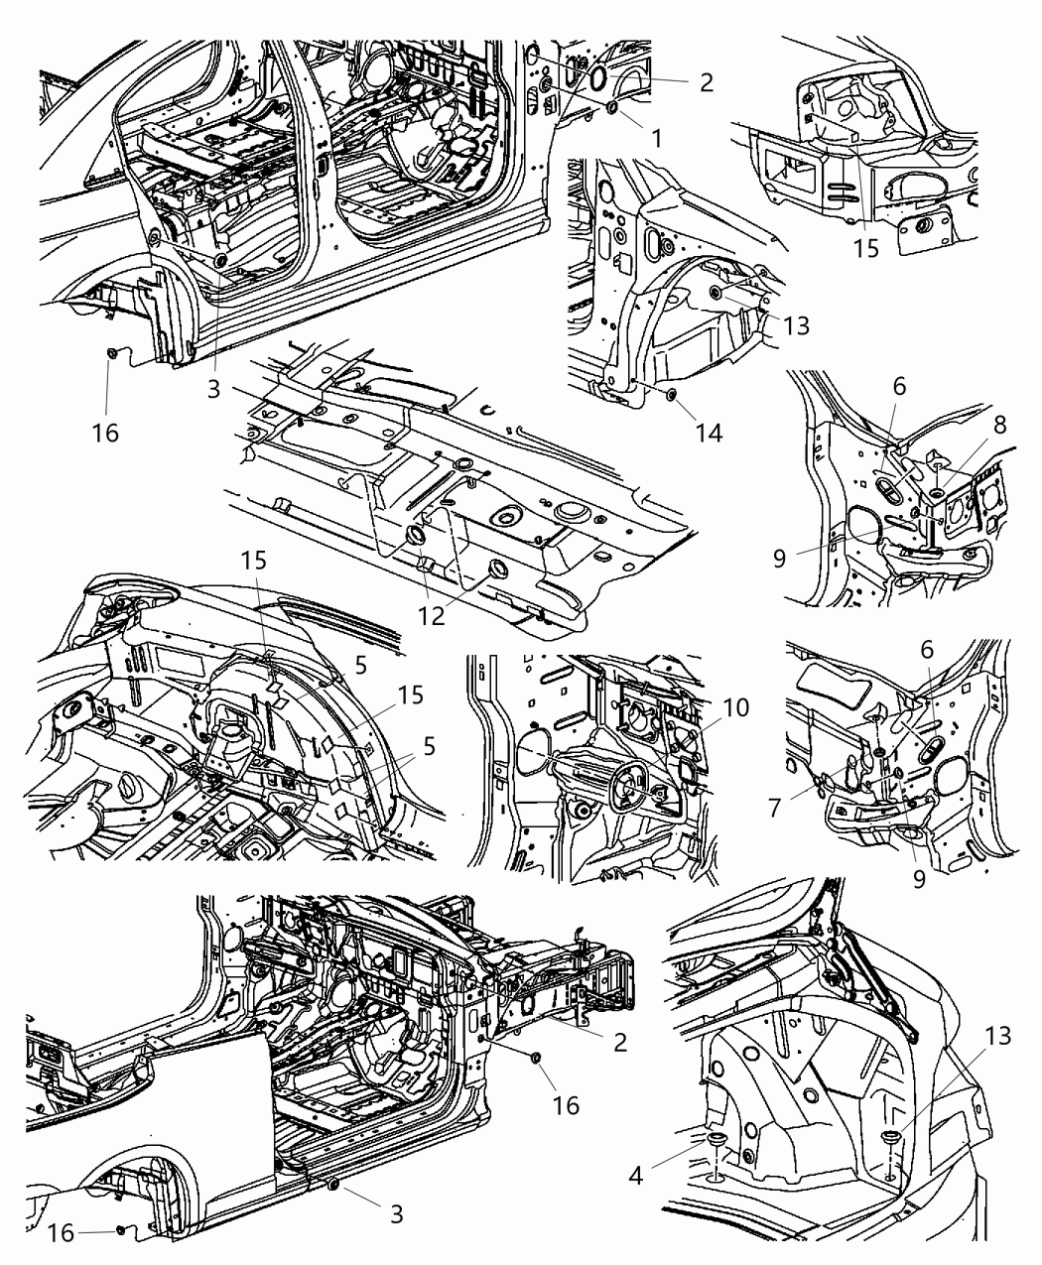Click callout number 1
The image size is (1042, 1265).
tap(656, 140)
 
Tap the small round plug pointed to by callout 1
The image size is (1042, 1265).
tap(611, 105)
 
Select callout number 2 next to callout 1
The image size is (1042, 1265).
tap(706, 83)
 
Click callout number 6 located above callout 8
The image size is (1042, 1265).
tap(898, 386)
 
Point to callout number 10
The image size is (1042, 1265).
tap(735, 707)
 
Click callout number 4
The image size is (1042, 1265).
tap(636, 1176)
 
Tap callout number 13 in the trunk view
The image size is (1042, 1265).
tap(999, 1037)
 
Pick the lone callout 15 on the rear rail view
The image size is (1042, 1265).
tap(866, 247)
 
